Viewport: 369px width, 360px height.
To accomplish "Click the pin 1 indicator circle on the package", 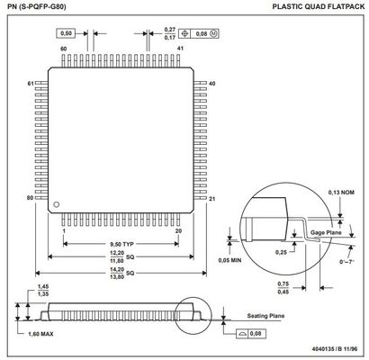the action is [x=56, y=204].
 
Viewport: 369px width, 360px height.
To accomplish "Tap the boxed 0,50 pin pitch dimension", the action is [x=66, y=33].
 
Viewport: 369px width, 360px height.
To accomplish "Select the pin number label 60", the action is [x=63, y=49].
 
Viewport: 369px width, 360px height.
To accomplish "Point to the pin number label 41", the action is [x=180, y=49].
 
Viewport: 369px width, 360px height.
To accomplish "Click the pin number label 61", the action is [x=31, y=84].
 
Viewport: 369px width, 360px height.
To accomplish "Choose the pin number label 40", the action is [x=211, y=84].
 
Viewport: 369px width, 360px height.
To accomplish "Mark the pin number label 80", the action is [x=30, y=198].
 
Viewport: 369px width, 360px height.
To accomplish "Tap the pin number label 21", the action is [x=212, y=199].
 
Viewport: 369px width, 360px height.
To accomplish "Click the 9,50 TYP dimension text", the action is [x=121, y=244].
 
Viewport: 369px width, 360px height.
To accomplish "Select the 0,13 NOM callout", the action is [x=341, y=193].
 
